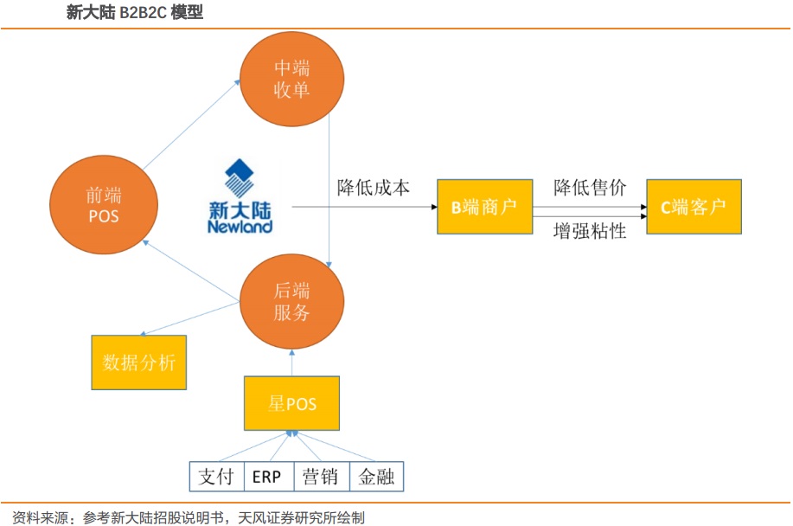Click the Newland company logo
tap(240, 196)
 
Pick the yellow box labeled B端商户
tap(483, 208)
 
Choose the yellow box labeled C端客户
tap(694, 208)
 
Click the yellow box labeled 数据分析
tap(138, 362)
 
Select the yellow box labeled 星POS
tap(292, 404)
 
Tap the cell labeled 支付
tap(217, 477)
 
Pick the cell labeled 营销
tap(323, 477)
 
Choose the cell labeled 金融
tap(376, 477)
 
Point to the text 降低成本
tap(374, 187)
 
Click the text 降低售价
tap(590, 187)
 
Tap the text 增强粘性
tap(590, 231)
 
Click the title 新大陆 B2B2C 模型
tap(134, 13)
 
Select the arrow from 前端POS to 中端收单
tap(190, 125)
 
